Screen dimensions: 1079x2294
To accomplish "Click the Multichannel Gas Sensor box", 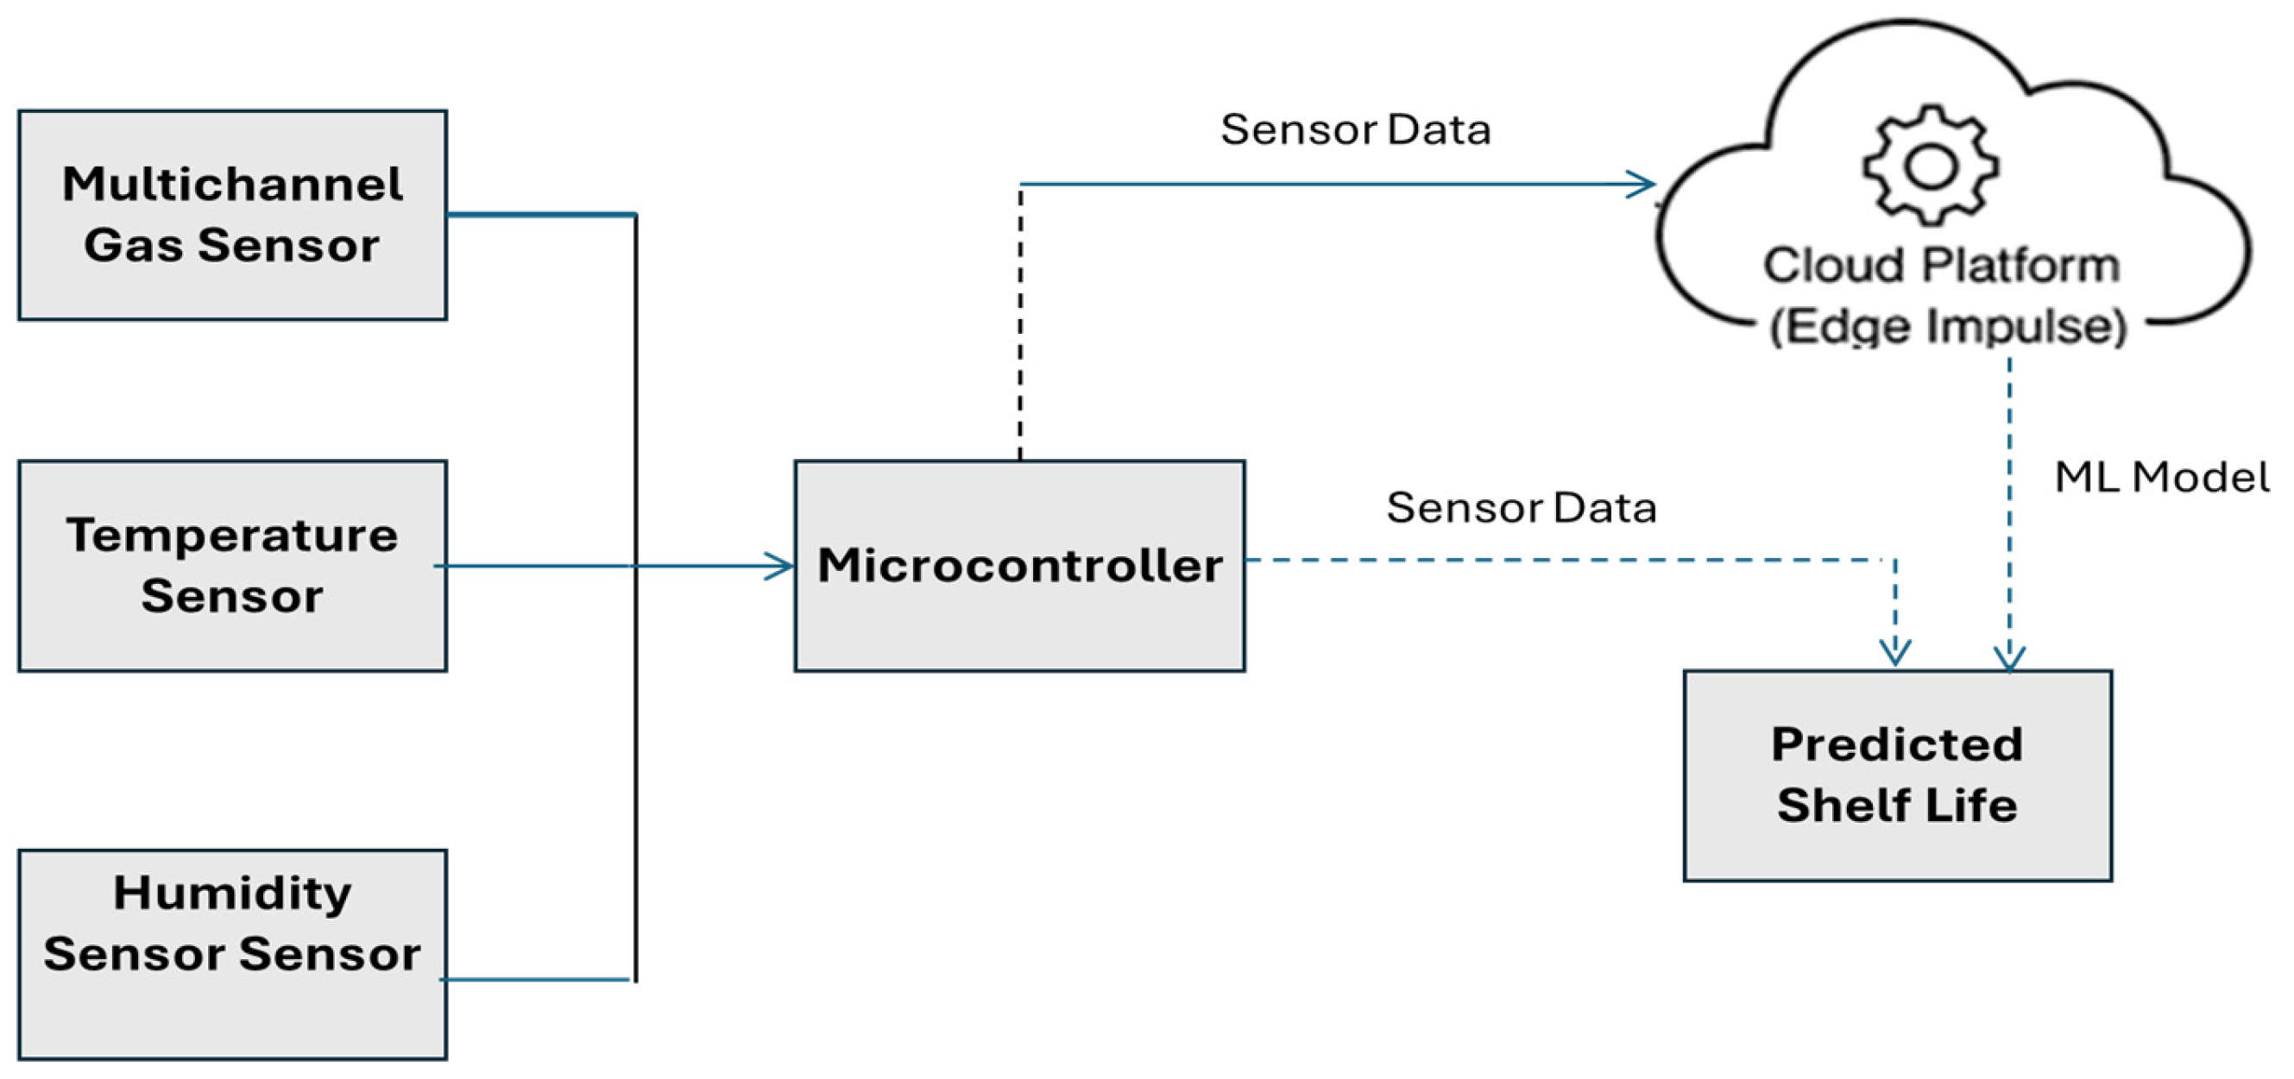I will (231, 215).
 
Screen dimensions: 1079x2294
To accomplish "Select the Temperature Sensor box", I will (231, 565).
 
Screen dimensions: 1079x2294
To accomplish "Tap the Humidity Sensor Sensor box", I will (231, 954).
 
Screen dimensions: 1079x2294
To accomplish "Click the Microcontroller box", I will (1018, 566).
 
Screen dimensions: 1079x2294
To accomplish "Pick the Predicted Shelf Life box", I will (1897, 775).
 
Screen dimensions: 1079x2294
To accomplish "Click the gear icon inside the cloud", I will (1931, 166).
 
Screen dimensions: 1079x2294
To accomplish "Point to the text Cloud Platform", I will (1941, 266).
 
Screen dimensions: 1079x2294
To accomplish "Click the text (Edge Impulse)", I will (1949, 326).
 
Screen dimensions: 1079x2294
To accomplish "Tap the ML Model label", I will (2160, 477).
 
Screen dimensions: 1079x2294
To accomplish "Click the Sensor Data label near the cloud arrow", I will (1354, 130).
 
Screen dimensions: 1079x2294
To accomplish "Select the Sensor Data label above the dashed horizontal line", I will (1520, 508).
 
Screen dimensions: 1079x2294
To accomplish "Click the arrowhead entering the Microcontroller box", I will (780, 566).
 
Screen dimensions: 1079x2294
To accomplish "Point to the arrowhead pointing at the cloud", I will (1641, 185).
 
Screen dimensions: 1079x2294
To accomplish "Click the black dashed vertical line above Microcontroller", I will (1019, 321).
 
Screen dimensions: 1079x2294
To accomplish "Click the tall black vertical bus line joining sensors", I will (636, 712).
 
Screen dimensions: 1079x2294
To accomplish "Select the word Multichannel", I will (231, 185).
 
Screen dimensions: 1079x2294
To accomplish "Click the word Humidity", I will (231, 893).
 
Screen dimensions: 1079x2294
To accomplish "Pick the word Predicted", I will (1897, 744).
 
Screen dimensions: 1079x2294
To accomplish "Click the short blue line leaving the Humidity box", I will (534, 979).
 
